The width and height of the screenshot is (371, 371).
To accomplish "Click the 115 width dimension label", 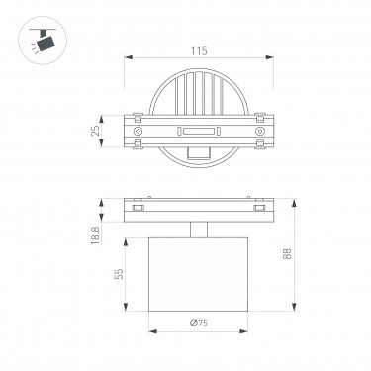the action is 199,51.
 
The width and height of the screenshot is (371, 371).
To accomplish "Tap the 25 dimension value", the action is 95,131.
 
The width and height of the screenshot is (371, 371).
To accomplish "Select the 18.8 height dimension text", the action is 95,235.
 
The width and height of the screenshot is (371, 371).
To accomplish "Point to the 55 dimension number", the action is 120,274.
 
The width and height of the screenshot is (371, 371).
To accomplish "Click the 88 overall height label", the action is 287,254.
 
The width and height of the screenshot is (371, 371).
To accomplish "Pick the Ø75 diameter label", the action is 199,323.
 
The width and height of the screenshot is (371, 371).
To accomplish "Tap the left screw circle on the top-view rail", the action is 138,131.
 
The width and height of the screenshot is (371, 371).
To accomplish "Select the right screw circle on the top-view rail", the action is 260,131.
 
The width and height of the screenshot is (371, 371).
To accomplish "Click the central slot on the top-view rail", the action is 199,132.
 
